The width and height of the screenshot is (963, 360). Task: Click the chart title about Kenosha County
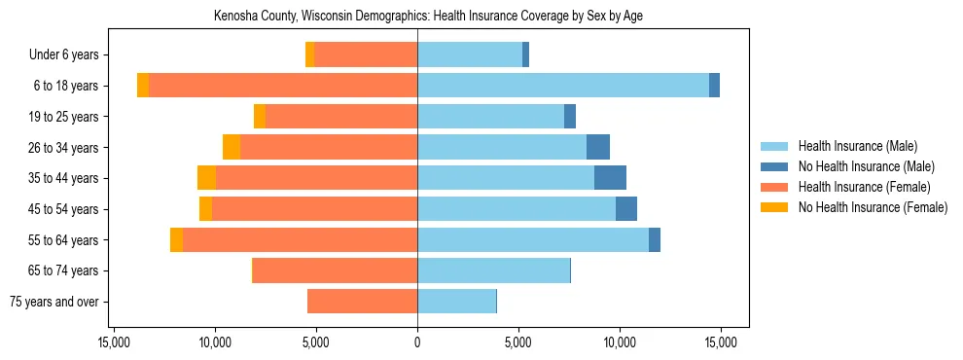point(428,16)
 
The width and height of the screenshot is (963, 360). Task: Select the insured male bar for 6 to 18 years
point(563,86)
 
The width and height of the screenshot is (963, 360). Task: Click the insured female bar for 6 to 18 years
point(283,86)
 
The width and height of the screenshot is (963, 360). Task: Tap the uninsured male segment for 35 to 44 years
point(610,178)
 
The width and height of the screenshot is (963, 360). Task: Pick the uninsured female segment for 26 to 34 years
point(232,147)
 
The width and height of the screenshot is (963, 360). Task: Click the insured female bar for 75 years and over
point(362,302)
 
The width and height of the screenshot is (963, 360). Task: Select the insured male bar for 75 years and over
point(456,302)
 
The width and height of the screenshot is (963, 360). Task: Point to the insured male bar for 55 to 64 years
point(533,239)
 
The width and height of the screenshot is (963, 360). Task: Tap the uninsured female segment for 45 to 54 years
point(205,209)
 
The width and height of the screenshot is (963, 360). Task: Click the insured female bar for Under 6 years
point(366,54)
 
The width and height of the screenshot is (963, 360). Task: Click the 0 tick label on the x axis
point(417,342)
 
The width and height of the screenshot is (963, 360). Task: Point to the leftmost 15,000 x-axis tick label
point(114,342)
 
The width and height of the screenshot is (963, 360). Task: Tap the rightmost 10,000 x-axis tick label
point(620,342)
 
